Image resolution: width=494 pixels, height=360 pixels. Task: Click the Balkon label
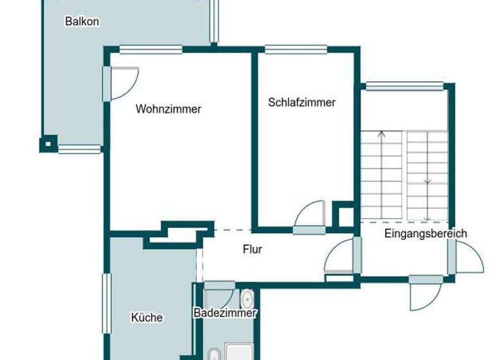tap(82, 21)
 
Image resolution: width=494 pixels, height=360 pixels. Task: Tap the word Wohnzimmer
tap(168, 109)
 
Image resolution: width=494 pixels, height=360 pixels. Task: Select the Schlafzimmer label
tap(302, 102)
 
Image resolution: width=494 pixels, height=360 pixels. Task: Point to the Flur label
tap(253, 249)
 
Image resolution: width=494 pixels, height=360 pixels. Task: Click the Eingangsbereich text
tap(425, 233)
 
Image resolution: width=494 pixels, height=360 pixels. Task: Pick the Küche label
tap(147, 317)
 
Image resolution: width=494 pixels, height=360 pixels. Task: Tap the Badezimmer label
tap(225, 313)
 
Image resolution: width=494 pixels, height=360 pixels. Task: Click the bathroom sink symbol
tap(247, 300)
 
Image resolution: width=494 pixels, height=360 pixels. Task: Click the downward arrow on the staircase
tap(428, 181)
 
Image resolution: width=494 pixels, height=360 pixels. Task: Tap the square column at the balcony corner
tap(48, 143)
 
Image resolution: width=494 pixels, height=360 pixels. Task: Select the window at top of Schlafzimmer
tap(296, 48)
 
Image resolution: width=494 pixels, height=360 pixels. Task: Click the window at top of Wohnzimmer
tap(151, 48)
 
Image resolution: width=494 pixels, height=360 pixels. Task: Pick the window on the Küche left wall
tap(107, 303)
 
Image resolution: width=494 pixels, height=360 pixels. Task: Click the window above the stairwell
tap(405, 85)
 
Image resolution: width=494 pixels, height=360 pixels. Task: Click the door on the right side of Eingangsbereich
tap(468, 257)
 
